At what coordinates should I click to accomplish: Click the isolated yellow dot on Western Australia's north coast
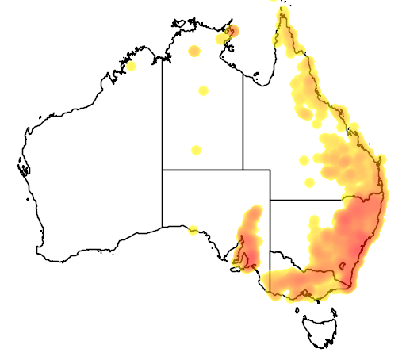pos(132,66)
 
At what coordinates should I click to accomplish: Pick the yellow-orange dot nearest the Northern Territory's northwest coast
pos(193,52)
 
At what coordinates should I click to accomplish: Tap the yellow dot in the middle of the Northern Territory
pos(203,90)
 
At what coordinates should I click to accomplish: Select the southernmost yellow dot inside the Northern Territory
pos(196,150)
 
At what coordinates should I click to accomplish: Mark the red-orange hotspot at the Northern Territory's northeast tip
pos(232,32)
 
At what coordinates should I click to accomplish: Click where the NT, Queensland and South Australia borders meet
pos(243,169)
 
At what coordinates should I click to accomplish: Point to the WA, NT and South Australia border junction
pos(163,169)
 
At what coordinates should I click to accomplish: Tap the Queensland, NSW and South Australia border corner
pos(270,200)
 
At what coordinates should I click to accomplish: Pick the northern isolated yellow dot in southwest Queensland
pos(304,160)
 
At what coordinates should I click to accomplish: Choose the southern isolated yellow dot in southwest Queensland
pos(309,182)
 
